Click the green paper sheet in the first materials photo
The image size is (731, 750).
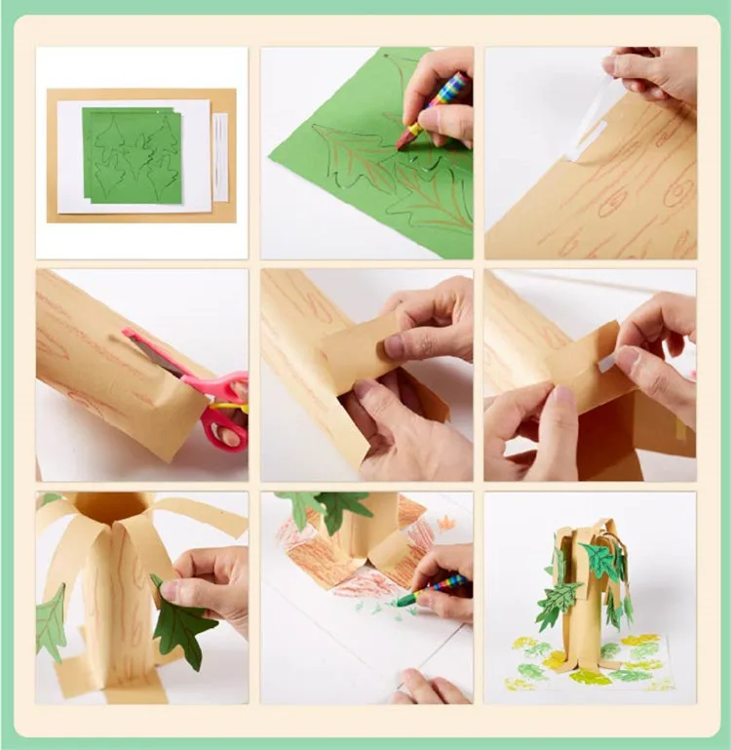(132, 156)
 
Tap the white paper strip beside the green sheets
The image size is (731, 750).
(220, 156)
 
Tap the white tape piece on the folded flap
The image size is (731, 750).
(607, 363)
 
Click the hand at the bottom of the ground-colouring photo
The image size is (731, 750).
(429, 689)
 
